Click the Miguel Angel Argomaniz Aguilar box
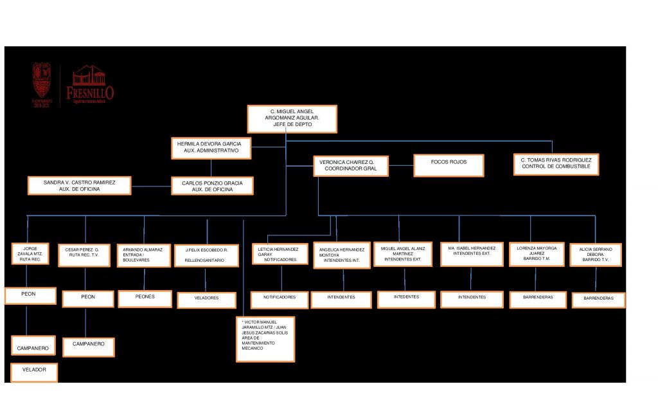(292, 119)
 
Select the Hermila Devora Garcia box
(210, 147)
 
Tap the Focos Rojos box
(449, 165)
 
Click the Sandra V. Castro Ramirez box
(79, 185)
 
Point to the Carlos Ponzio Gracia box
(212, 186)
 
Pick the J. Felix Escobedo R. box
(206, 255)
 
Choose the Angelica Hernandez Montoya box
(341, 255)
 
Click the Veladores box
(206, 298)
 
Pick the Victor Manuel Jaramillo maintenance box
(265, 338)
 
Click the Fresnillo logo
(91, 86)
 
